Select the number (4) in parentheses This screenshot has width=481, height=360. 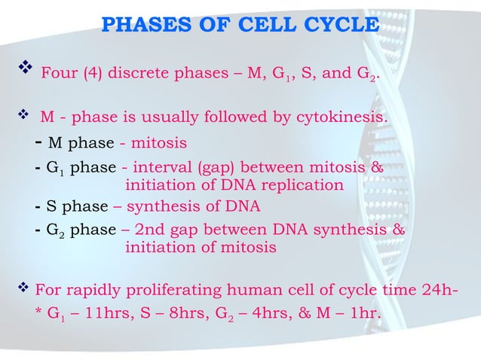(90, 74)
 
